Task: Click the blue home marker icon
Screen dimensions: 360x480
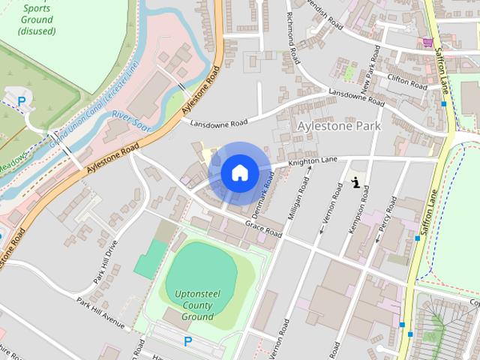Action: point(239,173)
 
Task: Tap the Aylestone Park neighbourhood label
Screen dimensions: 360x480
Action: point(339,126)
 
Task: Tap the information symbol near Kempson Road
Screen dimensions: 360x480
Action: point(355,181)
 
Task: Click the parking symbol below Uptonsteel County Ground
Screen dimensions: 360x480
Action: point(187,341)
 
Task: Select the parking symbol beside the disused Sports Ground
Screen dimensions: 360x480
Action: point(21,100)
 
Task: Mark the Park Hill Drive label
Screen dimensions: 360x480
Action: point(106,262)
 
